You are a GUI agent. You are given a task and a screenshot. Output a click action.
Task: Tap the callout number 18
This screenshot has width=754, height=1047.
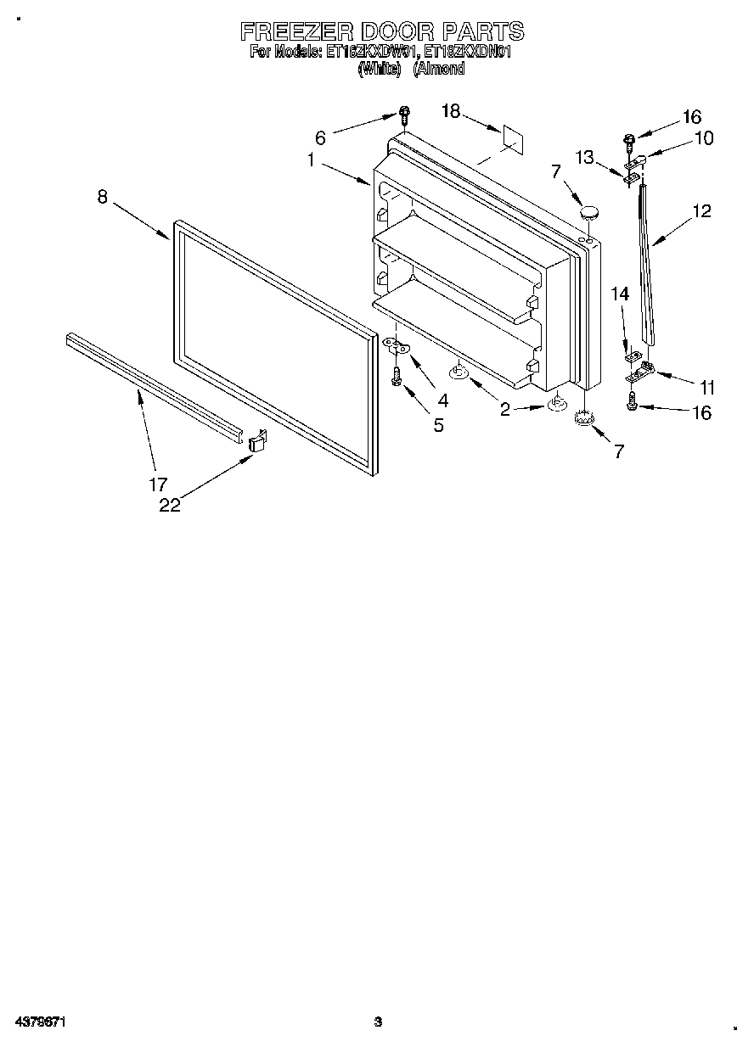pyautogui.click(x=450, y=111)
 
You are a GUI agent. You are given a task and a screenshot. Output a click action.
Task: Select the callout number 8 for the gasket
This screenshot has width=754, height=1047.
pyautogui.click(x=102, y=197)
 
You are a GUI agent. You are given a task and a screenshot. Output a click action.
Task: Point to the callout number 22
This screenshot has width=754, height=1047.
pyautogui.click(x=170, y=505)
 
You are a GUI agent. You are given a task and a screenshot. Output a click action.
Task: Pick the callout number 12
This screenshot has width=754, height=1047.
pyautogui.click(x=701, y=211)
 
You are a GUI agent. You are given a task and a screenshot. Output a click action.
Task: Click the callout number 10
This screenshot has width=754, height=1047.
pyautogui.click(x=704, y=139)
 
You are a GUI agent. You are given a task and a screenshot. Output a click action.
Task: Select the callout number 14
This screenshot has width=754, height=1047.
pyautogui.click(x=621, y=294)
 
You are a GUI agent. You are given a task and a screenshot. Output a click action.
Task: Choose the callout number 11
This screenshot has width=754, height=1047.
pyautogui.click(x=706, y=387)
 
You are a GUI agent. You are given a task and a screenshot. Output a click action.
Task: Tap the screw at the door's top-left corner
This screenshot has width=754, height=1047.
pyautogui.click(x=405, y=113)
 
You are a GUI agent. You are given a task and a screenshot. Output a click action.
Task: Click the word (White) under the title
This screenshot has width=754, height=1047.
pyautogui.click(x=379, y=70)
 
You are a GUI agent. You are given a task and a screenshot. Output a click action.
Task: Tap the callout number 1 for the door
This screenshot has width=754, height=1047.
pyautogui.click(x=312, y=160)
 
